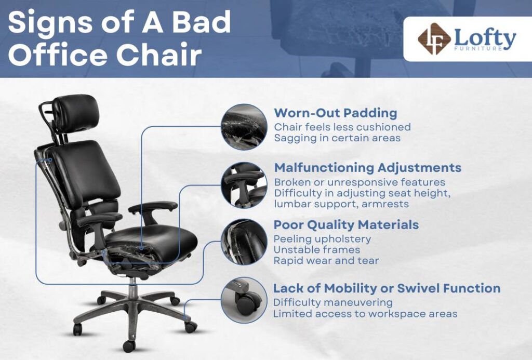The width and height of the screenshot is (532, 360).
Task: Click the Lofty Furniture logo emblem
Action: click(434, 39)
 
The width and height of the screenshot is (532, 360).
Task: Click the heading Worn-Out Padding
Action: click(335, 113)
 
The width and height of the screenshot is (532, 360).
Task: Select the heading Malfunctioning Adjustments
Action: click(367, 168)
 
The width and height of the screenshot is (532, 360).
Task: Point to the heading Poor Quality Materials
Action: click(346, 225)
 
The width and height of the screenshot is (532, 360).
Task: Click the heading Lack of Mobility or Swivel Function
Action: click(387, 288)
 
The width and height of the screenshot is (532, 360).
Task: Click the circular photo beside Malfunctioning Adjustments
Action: click(244, 184)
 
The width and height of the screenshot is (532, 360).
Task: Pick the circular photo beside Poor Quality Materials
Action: click(244, 242)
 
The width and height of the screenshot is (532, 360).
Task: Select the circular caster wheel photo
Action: click(244, 300)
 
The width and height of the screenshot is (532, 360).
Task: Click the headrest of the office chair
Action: click(74, 109)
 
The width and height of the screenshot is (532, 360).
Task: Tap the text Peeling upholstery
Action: click(322, 239)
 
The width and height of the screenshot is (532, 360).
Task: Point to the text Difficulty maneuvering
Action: click(333, 302)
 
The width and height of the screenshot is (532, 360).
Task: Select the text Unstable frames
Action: click(317, 250)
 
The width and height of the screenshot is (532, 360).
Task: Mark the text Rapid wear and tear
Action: click(326, 260)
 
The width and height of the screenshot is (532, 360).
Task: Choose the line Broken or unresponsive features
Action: click(360, 182)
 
